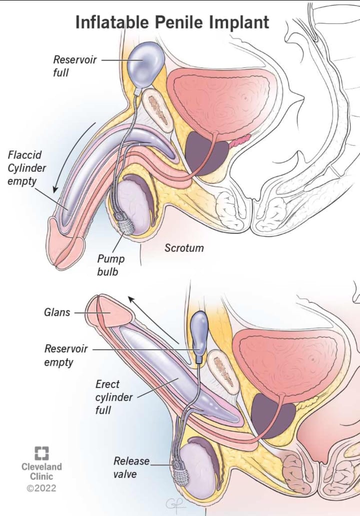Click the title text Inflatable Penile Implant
[x=172, y=22]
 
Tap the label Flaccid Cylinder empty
[x=26, y=168]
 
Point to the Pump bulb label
[x=110, y=265]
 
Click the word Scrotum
[x=184, y=248]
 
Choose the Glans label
[x=57, y=312]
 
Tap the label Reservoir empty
[x=66, y=355]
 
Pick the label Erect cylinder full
[x=113, y=397]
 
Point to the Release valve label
[x=131, y=467]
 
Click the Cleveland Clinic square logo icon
[x=41, y=453]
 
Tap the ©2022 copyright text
[x=41, y=488]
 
